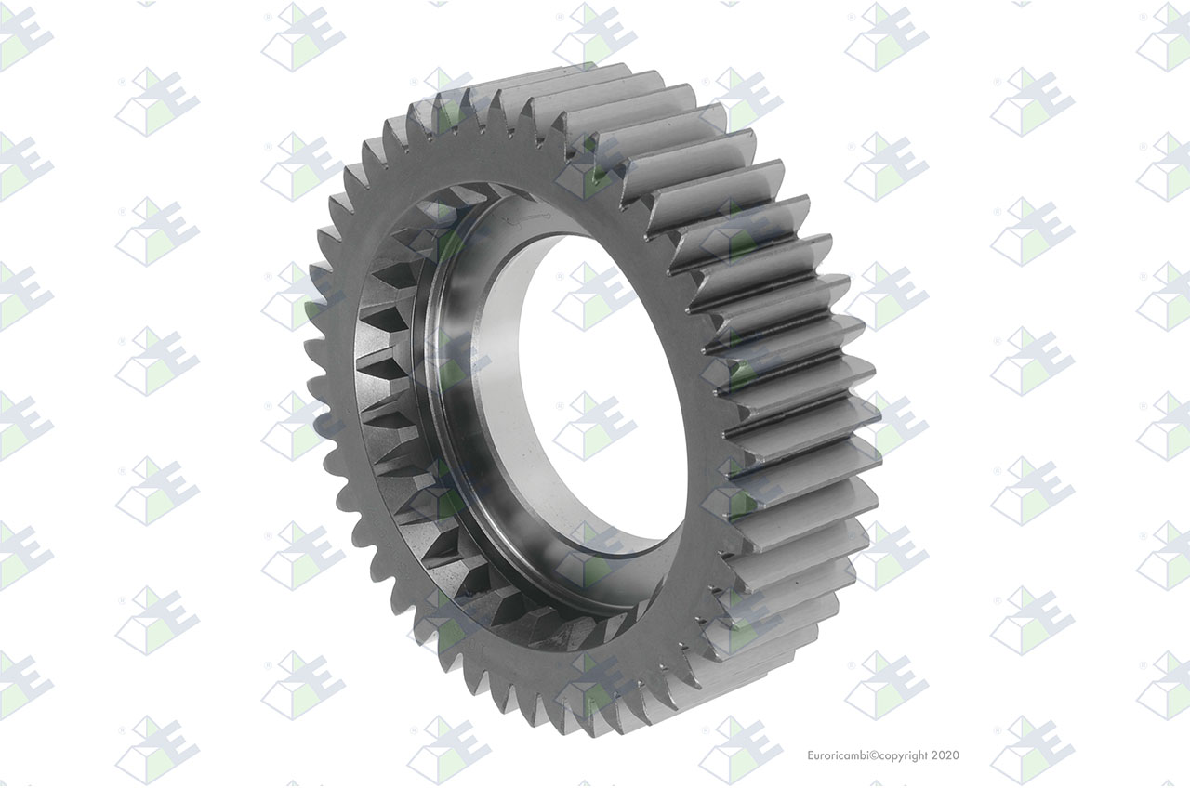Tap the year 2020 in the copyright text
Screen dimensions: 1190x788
(946, 755)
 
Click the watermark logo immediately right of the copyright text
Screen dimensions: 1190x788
(1033, 750)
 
